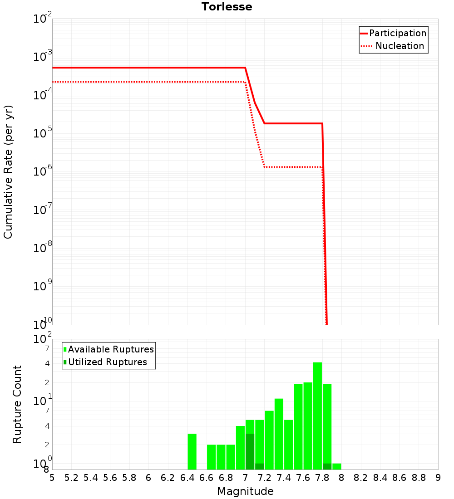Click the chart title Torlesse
pyautogui.click(x=227, y=7)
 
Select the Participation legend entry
pyautogui.click(x=397, y=33)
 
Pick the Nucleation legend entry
pyautogui.click(x=399, y=46)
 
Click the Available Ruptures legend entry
pyautogui.click(x=110, y=349)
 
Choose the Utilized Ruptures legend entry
pyautogui.click(x=107, y=362)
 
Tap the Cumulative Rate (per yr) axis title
pyautogui.click(x=8, y=172)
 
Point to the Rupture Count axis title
pyautogui.click(x=17, y=404)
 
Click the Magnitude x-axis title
pyautogui.click(x=245, y=491)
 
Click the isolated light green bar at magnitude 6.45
pyautogui.click(x=192, y=451)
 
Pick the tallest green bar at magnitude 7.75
pyautogui.click(x=317, y=416)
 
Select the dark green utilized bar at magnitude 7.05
pyautogui.click(x=250, y=451)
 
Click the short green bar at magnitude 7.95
pyautogui.click(x=336, y=466)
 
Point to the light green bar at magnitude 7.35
pyautogui.click(x=279, y=434)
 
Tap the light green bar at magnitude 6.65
pyautogui.click(x=211, y=457)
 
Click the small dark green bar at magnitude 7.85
pyautogui.click(x=327, y=466)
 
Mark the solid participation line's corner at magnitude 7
pyautogui.click(x=245, y=68)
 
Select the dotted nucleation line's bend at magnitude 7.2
pyautogui.click(x=264, y=167)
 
